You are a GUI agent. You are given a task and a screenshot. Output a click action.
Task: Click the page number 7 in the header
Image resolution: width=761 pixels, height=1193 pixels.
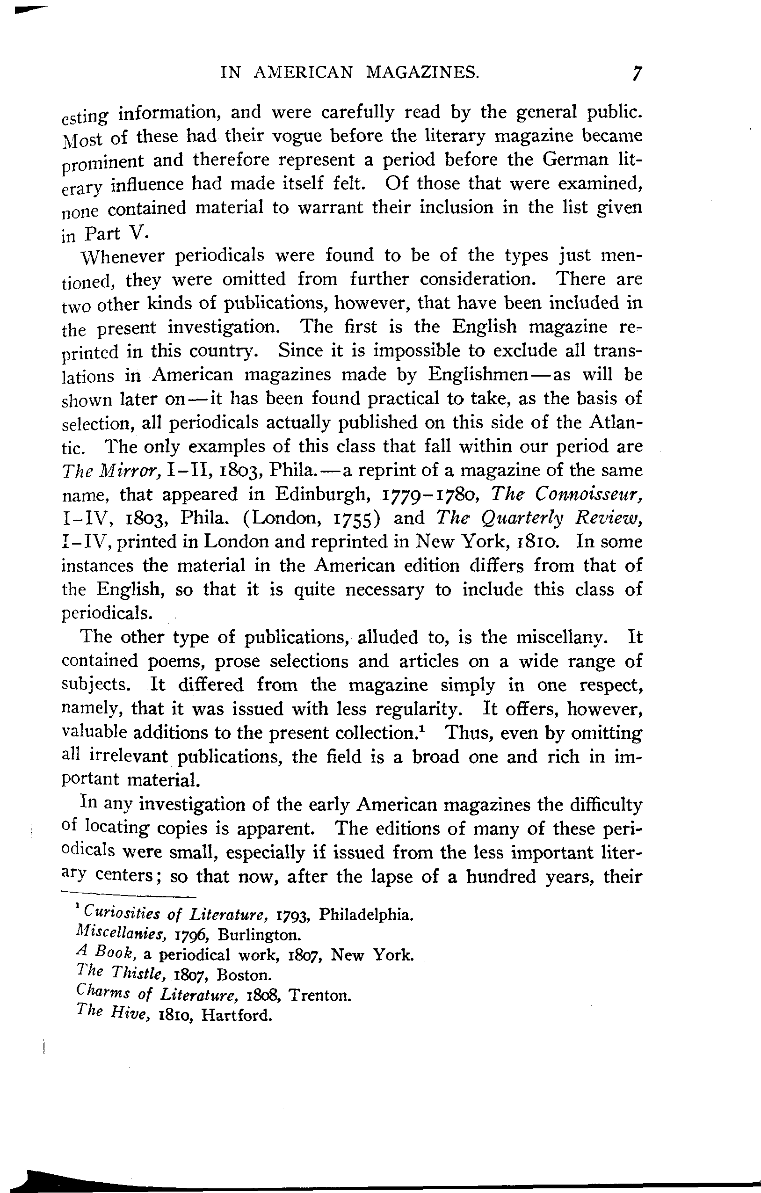(637, 74)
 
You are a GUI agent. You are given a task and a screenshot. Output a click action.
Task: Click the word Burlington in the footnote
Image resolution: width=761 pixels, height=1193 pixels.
(259, 935)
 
